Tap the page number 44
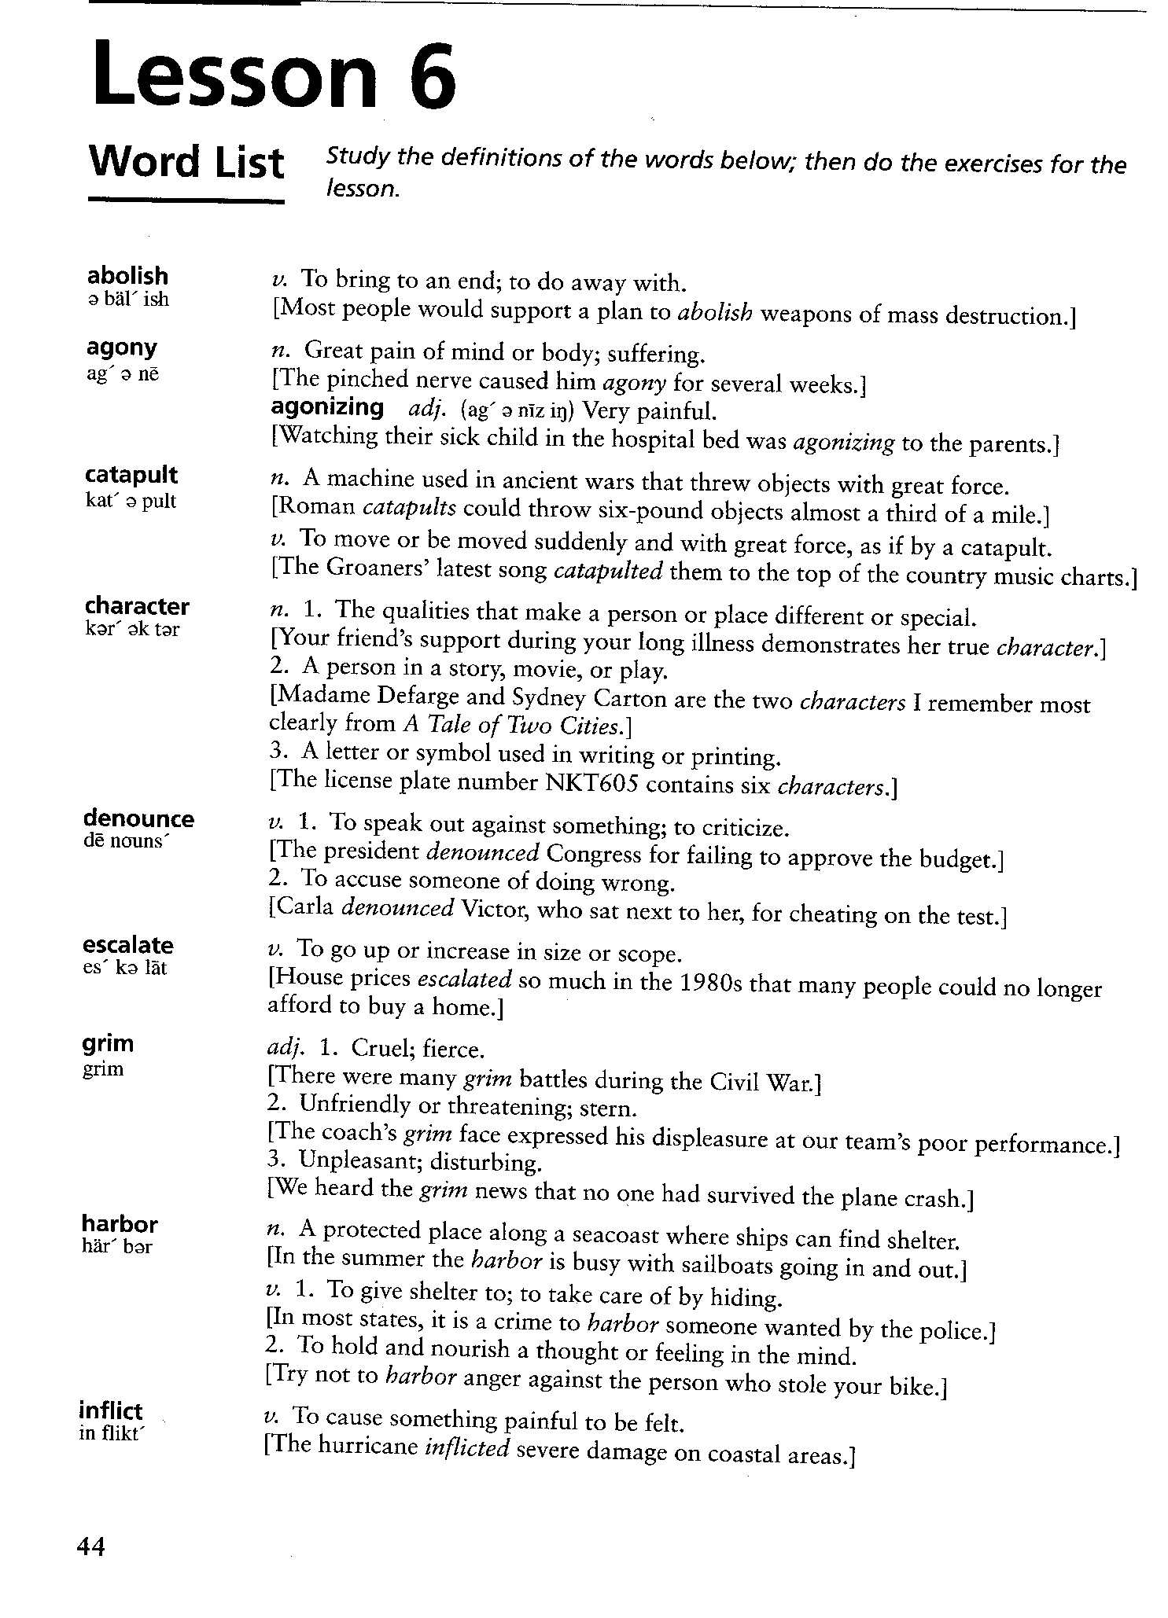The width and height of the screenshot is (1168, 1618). coord(90,1546)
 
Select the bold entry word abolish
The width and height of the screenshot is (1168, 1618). coord(127,276)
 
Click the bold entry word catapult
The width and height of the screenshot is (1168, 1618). coord(131,475)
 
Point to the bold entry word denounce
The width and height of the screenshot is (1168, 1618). coord(138,818)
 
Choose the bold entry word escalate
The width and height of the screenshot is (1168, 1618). coord(127,944)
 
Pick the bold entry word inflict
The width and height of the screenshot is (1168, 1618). coord(111,1410)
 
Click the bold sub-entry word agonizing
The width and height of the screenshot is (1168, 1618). coord(327,407)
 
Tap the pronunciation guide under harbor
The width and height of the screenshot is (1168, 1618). coord(116,1247)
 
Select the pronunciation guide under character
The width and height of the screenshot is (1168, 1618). coord(132,630)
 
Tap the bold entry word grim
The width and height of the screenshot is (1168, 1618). coord(108,1043)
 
